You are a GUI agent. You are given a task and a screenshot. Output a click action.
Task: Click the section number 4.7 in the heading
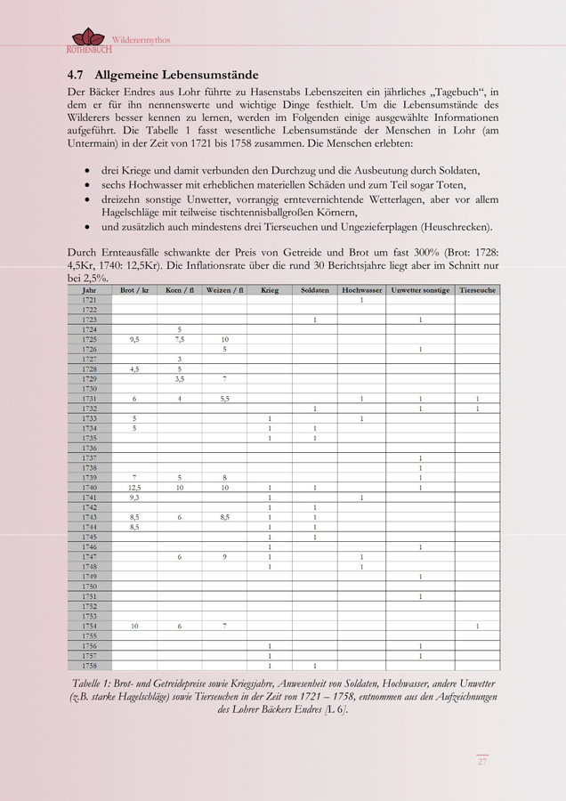coord(76,75)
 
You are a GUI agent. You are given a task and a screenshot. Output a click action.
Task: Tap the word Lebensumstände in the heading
coord(214,75)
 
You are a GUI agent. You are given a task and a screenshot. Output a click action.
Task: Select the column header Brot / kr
coord(133,290)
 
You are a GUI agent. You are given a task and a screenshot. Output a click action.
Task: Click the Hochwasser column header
coord(361,290)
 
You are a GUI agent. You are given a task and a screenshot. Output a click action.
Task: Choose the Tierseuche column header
coord(477,290)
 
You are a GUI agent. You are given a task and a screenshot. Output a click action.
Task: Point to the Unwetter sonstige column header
coord(420,290)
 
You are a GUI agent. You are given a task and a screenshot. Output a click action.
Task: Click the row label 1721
coord(89,300)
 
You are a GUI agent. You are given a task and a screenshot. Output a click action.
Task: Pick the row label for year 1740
coord(89,487)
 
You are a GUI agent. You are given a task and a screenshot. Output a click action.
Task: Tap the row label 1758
coord(89,665)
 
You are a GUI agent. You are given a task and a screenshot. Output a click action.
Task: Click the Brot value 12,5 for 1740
coord(134,487)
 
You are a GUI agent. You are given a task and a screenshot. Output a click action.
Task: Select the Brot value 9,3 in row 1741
coord(134,497)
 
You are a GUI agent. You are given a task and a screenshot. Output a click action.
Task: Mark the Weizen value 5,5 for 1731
coord(224,399)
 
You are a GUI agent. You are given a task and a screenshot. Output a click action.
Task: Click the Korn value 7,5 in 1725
coord(180,339)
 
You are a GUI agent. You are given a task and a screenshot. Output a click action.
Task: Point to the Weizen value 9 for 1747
coord(224,556)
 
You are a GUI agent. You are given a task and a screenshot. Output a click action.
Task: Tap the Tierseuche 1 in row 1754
coord(477,626)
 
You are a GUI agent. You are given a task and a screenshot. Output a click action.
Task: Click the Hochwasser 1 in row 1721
coord(361,300)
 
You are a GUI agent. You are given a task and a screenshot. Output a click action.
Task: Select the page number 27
coord(481,761)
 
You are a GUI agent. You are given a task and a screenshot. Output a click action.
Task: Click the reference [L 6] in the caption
coord(336,709)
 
